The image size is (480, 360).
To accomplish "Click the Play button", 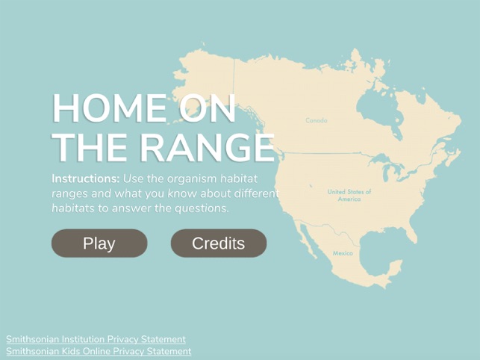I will click(x=99, y=243).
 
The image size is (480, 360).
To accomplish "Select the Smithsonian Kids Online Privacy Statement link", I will click(x=99, y=351).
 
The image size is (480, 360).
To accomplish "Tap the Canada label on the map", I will click(x=316, y=120).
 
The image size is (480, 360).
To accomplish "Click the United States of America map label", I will click(x=349, y=196).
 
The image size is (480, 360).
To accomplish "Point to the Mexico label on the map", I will click(x=342, y=253).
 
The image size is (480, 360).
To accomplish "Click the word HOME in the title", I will click(x=108, y=110).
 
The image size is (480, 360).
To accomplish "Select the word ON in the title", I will click(x=207, y=110).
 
